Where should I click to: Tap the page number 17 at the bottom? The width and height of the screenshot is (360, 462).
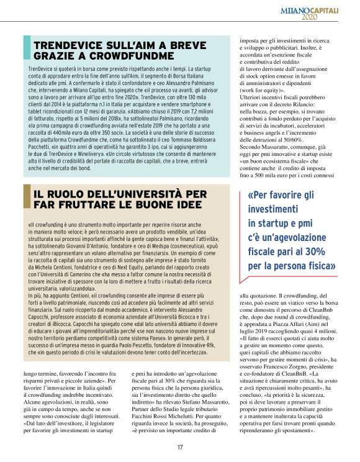[179, 446]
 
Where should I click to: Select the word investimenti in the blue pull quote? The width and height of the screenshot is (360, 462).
[274, 209]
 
